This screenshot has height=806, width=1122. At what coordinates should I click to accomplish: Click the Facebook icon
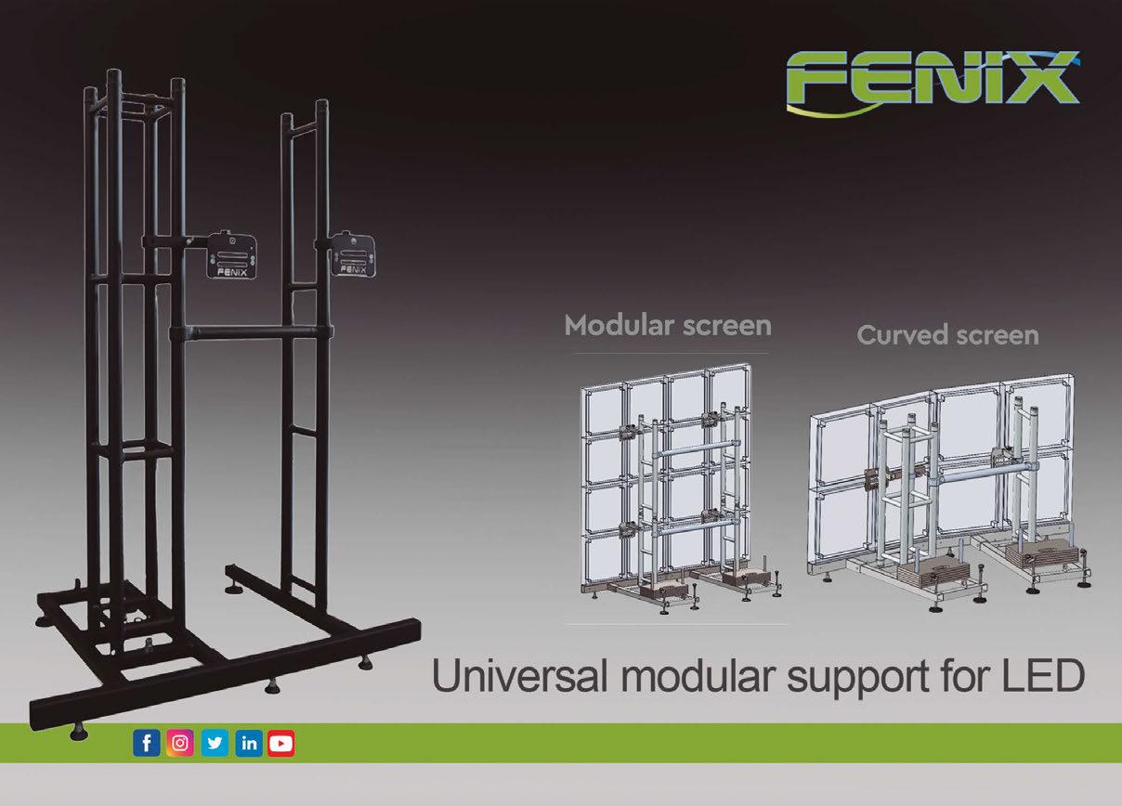click(147, 744)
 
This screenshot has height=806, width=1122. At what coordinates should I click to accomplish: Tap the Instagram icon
click(181, 744)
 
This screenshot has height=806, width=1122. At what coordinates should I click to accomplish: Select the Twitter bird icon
click(215, 744)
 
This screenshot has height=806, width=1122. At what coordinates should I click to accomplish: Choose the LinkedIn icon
click(249, 744)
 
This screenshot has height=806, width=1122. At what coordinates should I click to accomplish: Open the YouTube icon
click(281, 744)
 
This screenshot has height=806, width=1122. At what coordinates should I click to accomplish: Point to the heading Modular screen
click(668, 326)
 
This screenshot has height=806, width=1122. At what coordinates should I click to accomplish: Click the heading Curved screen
click(947, 334)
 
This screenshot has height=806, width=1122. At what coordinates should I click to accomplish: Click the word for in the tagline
click(966, 676)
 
